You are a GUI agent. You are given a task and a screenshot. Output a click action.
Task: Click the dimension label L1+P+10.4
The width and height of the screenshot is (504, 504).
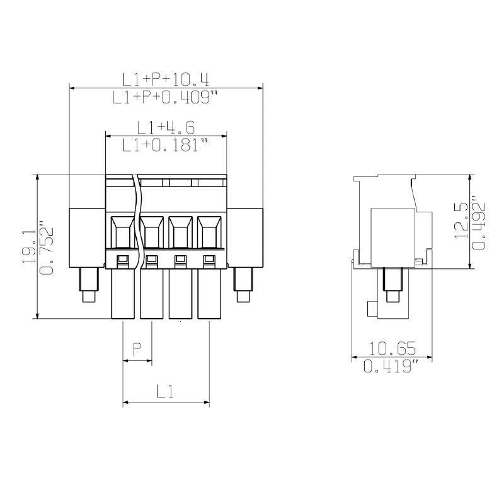click(x=166, y=79)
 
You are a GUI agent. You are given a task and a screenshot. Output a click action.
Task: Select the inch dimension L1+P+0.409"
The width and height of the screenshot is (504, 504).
click(x=166, y=98)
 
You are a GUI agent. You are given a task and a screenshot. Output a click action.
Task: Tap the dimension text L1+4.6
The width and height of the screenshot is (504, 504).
click(x=166, y=128)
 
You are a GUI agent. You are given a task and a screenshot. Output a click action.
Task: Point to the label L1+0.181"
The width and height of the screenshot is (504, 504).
click(x=166, y=146)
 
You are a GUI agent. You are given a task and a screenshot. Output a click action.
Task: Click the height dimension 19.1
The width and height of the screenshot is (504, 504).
click(x=29, y=246)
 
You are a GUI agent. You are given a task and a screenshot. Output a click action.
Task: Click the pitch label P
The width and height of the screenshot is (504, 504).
click(x=137, y=348)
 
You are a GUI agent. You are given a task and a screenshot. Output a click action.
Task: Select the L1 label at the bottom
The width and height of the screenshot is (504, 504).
click(x=165, y=392)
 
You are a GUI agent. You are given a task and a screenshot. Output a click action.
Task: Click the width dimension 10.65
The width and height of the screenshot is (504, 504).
click(x=392, y=348)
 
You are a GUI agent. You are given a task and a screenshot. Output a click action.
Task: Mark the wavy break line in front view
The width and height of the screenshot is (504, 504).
click(x=137, y=220)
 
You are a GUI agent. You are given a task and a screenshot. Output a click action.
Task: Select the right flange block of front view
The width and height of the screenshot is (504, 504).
click(x=244, y=236)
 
